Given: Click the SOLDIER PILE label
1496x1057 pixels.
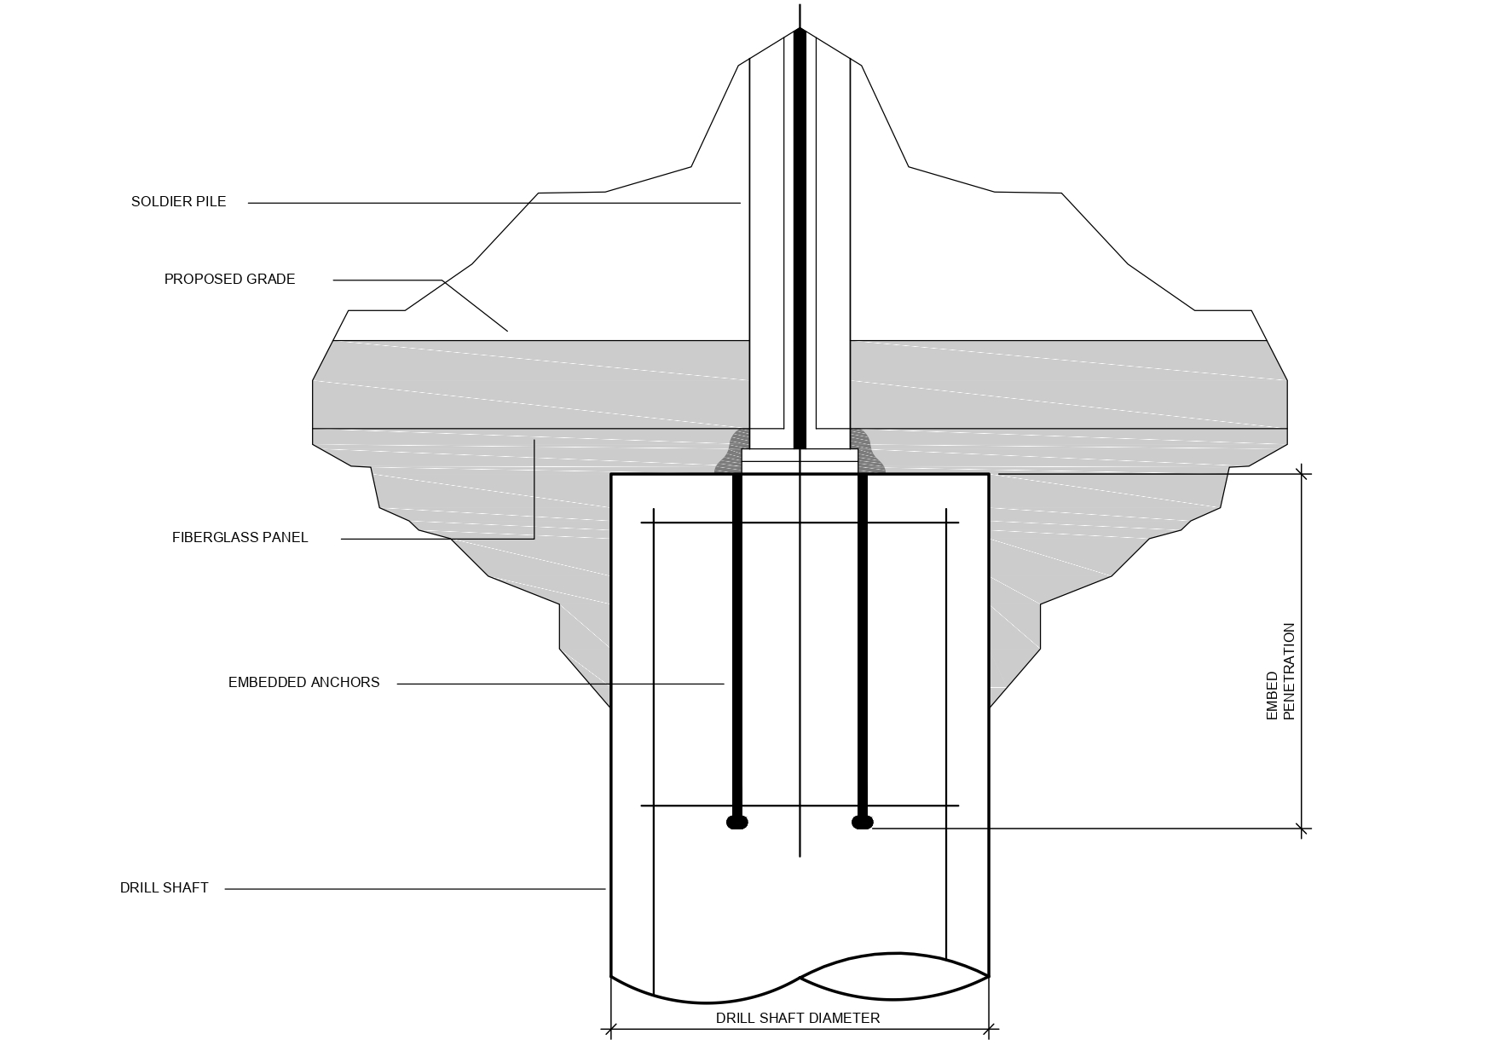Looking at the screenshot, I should pyautogui.click(x=178, y=202).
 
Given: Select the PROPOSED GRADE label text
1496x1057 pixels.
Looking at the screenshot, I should pyautogui.click(x=229, y=280).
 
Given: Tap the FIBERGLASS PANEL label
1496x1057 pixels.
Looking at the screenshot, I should pyautogui.click(x=240, y=538).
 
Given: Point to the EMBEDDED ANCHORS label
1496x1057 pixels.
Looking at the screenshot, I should pyautogui.click(x=303, y=683).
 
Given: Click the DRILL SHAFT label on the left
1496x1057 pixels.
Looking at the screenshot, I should pyautogui.click(x=164, y=888).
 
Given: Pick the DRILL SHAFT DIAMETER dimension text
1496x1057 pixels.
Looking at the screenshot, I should pyautogui.click(x=797, y=1018).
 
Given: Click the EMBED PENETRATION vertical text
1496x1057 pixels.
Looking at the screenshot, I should pyautogui.click(x=1280, y=672).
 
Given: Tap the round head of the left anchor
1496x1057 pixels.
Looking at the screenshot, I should pyautogui.click(x=737, y=823).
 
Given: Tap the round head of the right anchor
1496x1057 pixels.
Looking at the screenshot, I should pyautogui.click(x=863, y=823).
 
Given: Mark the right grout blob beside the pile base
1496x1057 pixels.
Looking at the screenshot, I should pyautogui.click(x=868, y=453).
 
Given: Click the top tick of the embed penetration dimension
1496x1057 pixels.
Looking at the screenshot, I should pyautogui.click(x=1302, y=474).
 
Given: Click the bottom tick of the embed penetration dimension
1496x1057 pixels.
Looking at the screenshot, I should pyautogui.click(x=1302, y=828).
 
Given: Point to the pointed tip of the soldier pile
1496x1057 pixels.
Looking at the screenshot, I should pyautogui.click(x=800, y=31).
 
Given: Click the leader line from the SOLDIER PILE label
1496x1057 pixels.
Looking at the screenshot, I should pyautogui.click(x=494, y=203).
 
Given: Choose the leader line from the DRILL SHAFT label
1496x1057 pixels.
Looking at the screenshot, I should pyautogui.click(x=415, y=889).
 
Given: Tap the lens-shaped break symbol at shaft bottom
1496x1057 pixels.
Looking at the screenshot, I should pyautogui.click(x=894, y=976).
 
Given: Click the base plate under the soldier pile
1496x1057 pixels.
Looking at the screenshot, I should pyautogui.click(x=800, y=461).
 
